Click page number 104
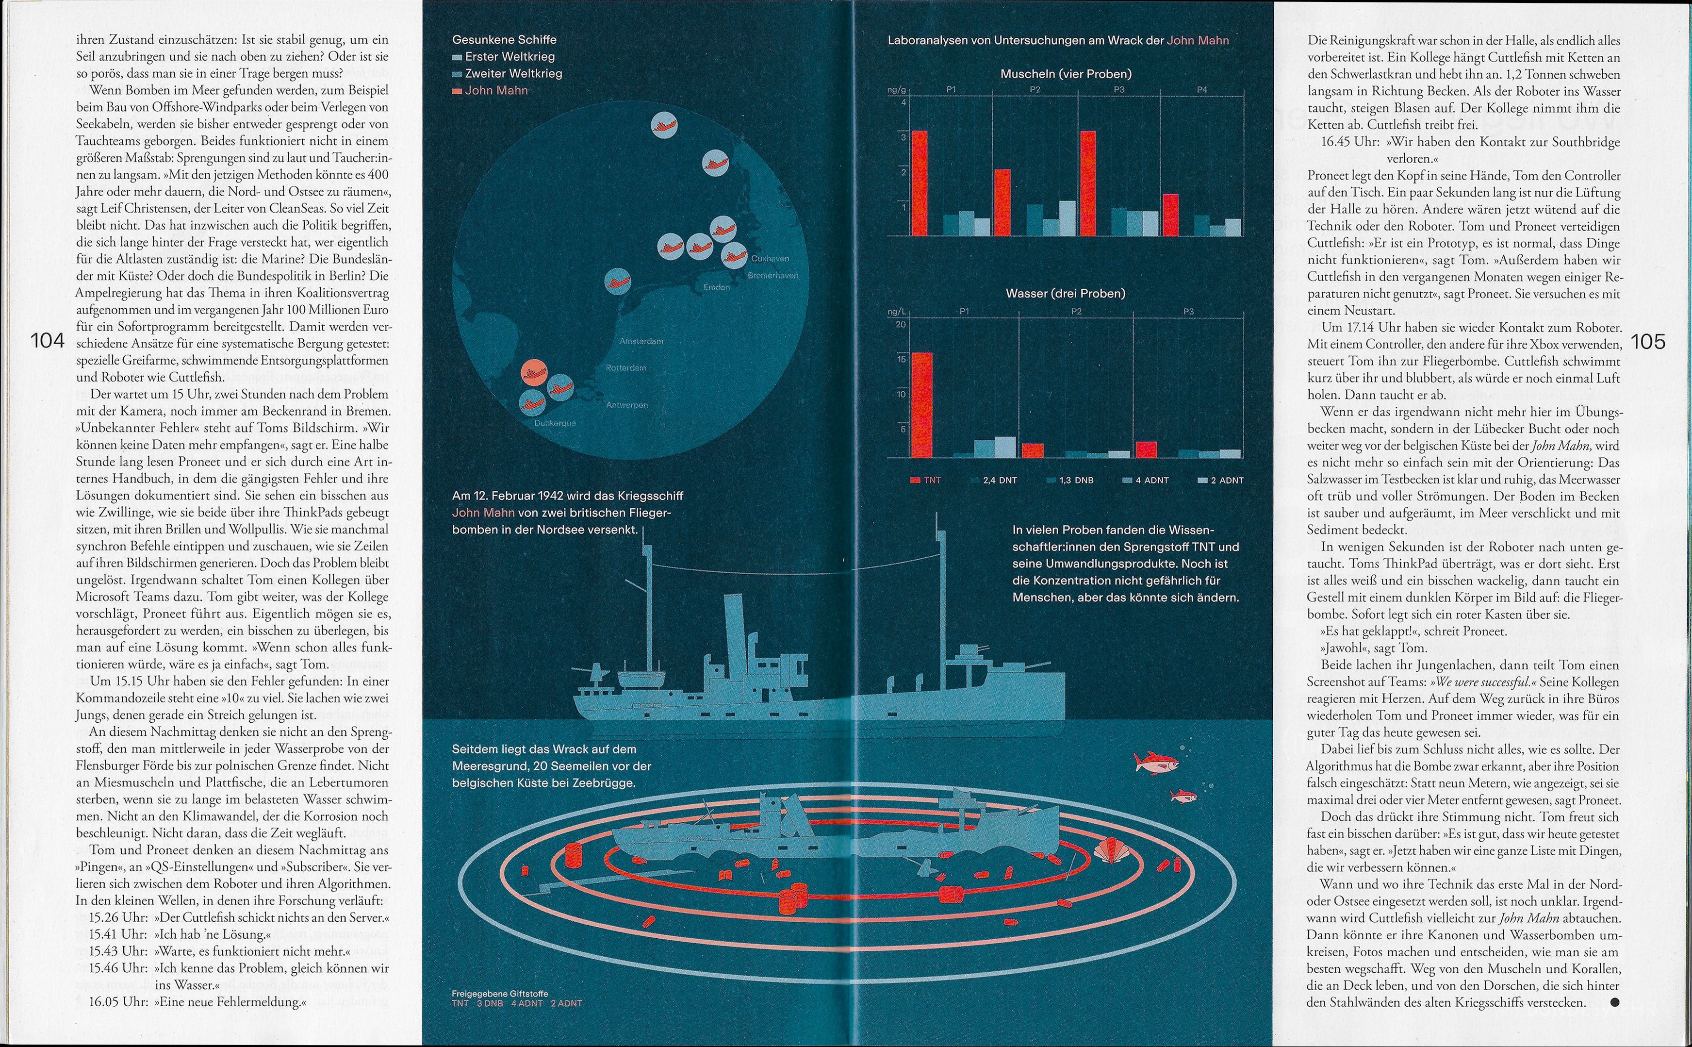48,341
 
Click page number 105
1648,341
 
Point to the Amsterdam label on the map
641,341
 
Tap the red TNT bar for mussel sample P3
1088,183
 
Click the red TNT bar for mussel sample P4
1171,215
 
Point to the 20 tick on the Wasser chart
901,324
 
